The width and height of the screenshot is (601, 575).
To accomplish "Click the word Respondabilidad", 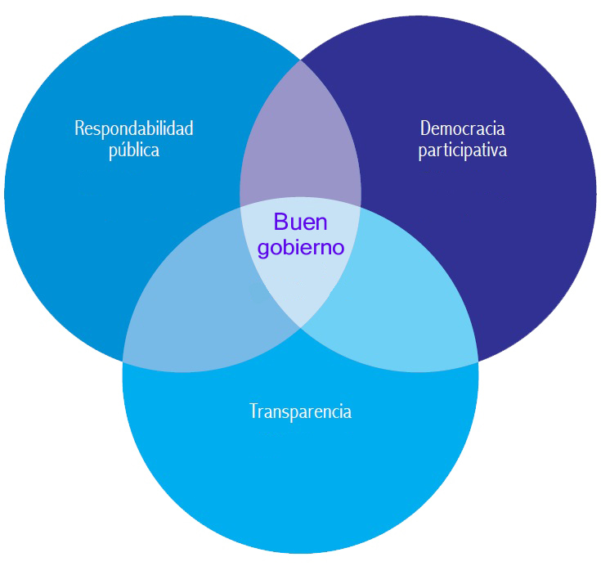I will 134,128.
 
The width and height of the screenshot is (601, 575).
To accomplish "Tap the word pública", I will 134,150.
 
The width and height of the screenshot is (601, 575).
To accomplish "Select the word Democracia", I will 462,128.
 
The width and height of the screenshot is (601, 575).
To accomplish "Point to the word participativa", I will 462,150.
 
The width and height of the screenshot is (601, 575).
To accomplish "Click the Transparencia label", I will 300,411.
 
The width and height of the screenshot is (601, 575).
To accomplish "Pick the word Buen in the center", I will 300,222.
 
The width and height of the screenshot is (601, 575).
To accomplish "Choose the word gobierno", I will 301,247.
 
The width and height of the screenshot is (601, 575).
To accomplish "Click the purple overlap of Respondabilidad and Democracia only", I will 300,139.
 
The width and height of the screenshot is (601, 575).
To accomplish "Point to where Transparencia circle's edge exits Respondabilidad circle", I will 123,361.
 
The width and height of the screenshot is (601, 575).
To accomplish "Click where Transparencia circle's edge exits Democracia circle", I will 478,361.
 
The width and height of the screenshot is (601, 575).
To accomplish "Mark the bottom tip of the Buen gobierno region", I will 300,327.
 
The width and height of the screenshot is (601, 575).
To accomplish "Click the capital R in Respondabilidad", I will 78,128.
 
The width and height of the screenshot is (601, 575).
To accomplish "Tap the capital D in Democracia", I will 424,128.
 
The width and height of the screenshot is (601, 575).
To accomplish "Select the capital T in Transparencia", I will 253,411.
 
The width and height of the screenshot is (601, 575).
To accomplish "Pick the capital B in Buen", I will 280,222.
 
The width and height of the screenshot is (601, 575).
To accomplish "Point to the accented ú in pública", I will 119,150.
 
